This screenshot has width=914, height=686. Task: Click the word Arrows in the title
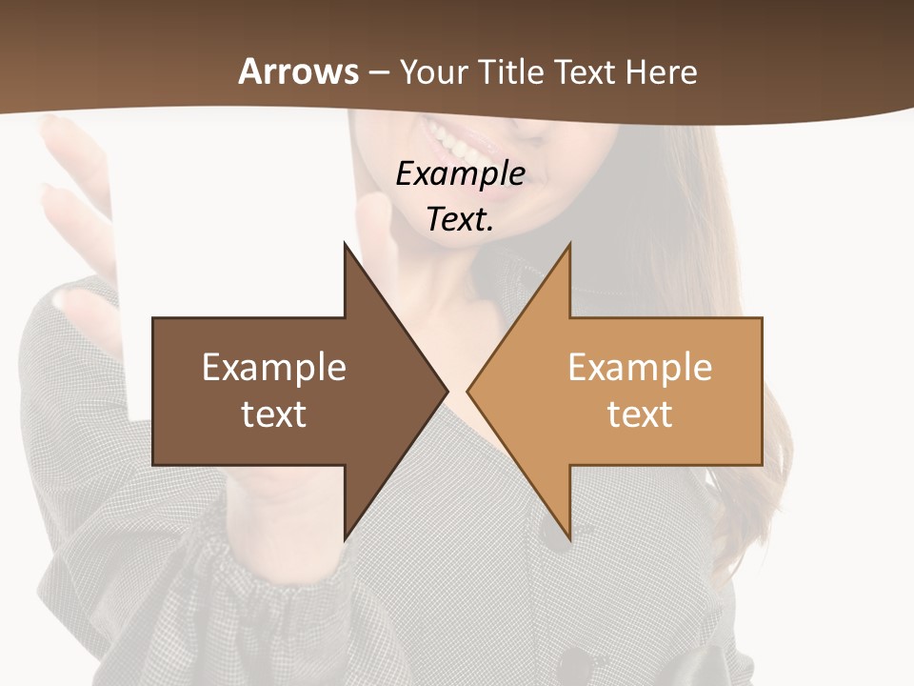(x=298, y=71)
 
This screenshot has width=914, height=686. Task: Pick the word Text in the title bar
(x=585, y=72)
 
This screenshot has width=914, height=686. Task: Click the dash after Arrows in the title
(x=379, y=73)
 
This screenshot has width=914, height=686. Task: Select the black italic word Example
(x=460, y=175)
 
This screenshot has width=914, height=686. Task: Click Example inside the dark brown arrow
(x=274, y=368)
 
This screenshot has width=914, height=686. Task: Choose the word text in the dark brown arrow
(x=274, y=414)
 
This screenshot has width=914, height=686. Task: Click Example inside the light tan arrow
(x=640, y=368)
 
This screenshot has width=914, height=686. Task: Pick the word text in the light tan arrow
(x=640, y=414)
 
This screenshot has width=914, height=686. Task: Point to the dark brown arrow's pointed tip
(x=447, y=391)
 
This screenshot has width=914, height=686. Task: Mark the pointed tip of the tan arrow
(x=468, y=391)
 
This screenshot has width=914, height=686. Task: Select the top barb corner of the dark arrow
(x=346, y=245)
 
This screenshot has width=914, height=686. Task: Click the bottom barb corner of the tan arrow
(x=569, y=538)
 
